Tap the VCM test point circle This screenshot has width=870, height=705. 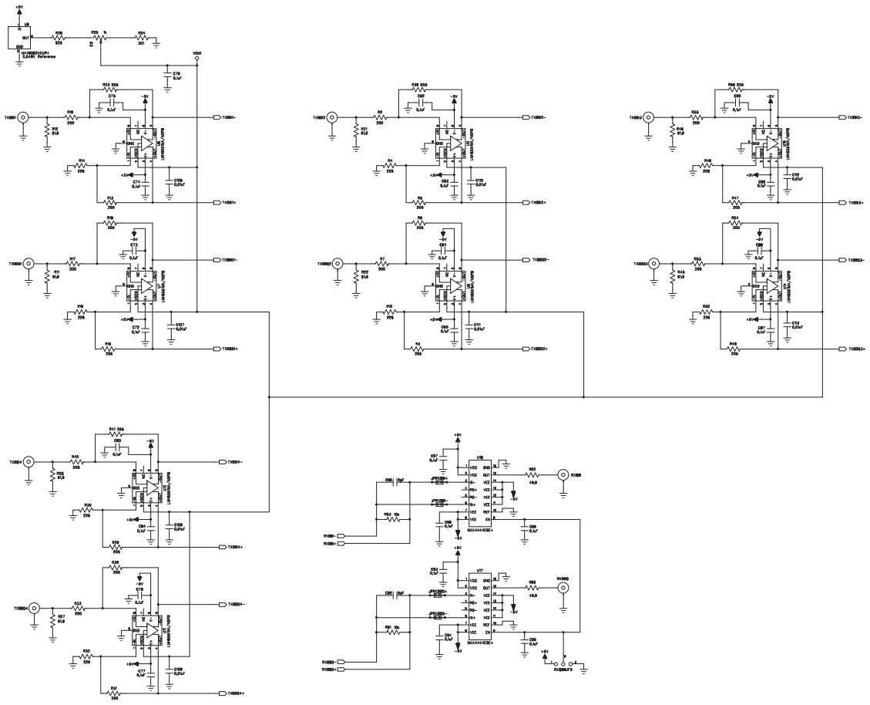point(197,59)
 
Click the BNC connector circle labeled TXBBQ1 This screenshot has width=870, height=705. point(29,264)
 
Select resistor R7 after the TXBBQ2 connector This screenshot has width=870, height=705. point(381,265)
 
